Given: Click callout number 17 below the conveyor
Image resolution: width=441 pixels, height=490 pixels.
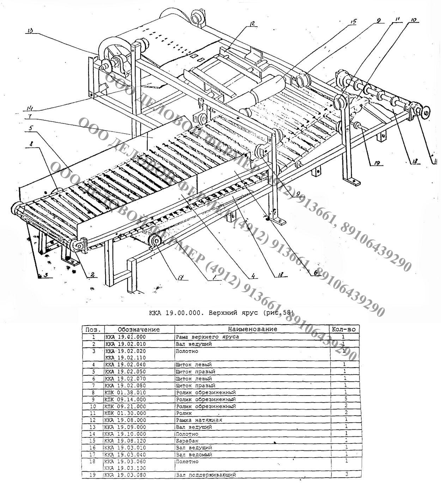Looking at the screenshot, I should (x=181, y=277).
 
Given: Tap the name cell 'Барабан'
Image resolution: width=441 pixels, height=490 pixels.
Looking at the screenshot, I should (x=187, y=441).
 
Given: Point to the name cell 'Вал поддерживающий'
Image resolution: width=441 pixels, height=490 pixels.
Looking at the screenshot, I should (x=206, y=475).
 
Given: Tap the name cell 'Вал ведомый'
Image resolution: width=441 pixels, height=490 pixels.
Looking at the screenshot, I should (x=194, y=455).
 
